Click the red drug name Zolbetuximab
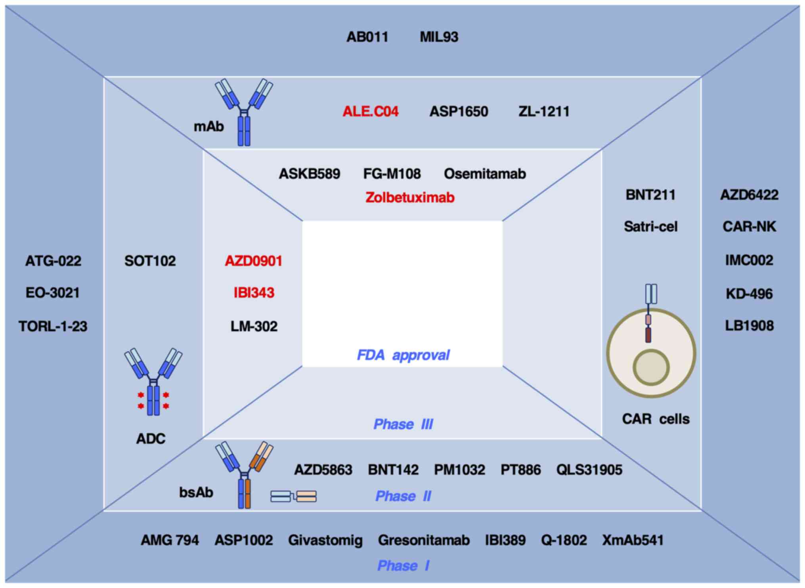point(410,197)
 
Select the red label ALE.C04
point(370,111)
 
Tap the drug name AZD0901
point(254,261)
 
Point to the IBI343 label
point(254,293)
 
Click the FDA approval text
point(403,355)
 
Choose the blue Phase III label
point(403,424)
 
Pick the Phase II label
point(403,496)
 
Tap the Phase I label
point(403,565)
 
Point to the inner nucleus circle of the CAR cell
point(651,368)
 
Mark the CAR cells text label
point(656,419)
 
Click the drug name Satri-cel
point(650,227)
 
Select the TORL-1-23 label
point(53,326)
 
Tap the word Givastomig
point(325,540)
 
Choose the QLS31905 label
point(589,470)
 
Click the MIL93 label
point(439,37)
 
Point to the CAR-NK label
point(749,227)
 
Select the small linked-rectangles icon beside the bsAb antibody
point(293,496)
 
